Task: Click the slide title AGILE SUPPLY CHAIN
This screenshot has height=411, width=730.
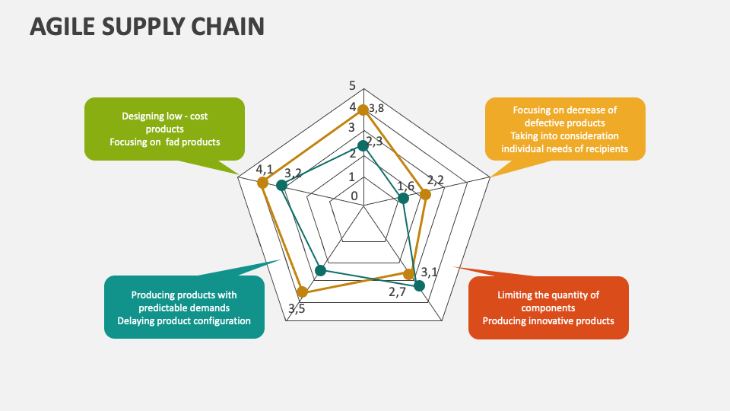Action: pos(147,27)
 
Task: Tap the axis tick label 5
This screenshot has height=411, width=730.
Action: pos(352,85)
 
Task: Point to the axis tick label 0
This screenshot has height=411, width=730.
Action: pos(354,196)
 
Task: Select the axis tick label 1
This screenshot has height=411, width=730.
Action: pos(351,177)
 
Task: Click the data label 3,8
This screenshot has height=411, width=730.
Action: pos(376,108)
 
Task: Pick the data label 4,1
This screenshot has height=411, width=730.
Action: pos(265,169)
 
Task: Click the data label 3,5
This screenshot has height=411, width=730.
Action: pos(297,308)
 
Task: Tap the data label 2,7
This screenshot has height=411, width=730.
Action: pos(398,292)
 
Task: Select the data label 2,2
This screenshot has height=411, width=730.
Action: pos(436,180)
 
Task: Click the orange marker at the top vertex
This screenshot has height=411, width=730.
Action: pos(363,110)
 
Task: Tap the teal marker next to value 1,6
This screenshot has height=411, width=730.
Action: pos(404,199)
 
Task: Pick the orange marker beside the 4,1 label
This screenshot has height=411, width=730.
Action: pos(262,183)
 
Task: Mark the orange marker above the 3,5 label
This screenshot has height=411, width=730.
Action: pos(302,291)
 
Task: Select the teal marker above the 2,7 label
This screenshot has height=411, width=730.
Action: pos(419,285)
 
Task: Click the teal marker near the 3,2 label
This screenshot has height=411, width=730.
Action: pos(281,186)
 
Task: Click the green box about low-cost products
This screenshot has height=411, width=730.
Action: pos(164,129)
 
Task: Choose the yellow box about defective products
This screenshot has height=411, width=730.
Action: pos(565,129)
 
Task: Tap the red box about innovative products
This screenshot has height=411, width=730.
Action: pos(548,307)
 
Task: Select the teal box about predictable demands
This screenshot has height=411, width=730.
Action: pos(184,307)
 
